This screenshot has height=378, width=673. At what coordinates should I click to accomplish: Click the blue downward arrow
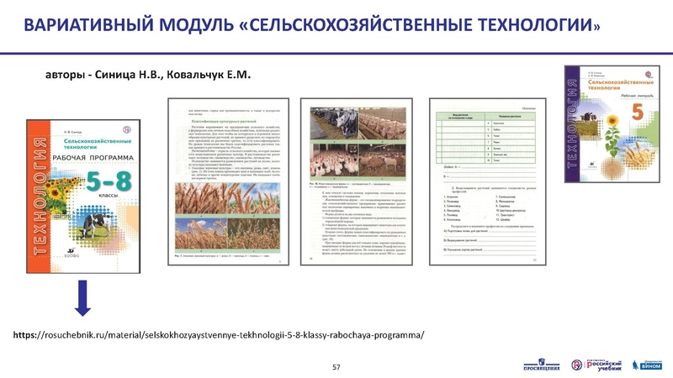pyautogui.click(x=82, y=299)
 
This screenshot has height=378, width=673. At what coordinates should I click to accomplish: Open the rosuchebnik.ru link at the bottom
pyautogui.click(x=220, y=334)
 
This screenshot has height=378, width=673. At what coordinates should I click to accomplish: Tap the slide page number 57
pyautogui.click(x=336, y=367)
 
